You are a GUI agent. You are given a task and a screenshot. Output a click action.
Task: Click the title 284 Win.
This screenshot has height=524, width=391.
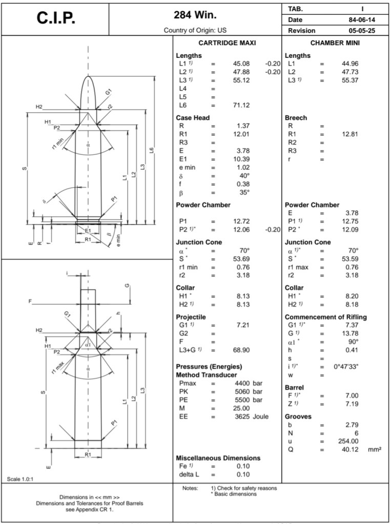pos(193,14)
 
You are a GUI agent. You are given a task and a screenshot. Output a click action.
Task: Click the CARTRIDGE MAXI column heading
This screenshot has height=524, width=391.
pos(227,43)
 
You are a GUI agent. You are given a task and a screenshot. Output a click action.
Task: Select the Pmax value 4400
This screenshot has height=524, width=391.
pos(241,383)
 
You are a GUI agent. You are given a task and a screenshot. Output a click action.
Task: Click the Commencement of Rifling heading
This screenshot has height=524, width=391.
pos(325,317)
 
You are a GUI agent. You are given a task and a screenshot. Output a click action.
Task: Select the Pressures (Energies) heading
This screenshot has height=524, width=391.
pos(209,367)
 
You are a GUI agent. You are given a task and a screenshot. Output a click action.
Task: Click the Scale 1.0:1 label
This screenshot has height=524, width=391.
pos(20,479)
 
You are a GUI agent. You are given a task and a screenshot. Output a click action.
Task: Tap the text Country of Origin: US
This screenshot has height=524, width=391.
pos(193,31)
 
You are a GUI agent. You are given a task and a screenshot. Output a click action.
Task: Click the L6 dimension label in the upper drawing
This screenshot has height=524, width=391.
pos(151,150)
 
